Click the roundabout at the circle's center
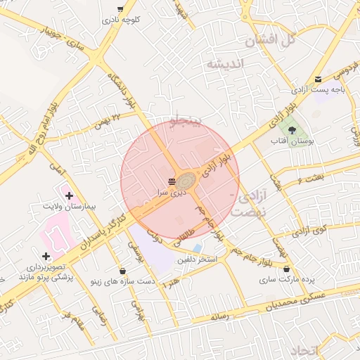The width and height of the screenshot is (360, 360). (186, 181)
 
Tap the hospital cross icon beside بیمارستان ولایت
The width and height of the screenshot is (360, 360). (68, 195)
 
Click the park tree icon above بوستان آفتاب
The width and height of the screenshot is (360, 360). (292, 130)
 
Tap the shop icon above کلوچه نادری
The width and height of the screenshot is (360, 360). (120, 8)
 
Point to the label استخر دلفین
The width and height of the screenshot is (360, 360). (197, 260)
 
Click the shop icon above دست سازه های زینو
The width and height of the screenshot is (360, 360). (123, 270)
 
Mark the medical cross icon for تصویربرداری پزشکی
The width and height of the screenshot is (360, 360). (46, 256)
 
